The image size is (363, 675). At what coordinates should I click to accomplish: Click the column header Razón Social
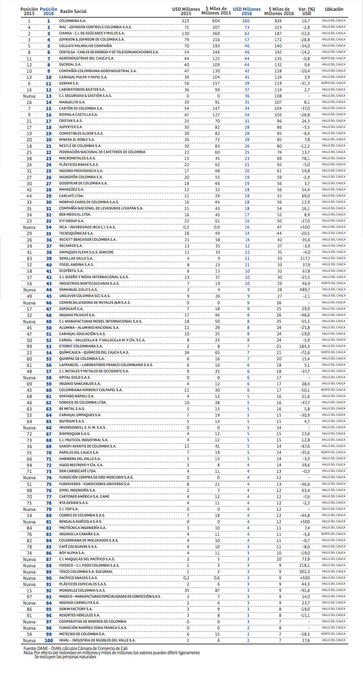tap(73, 11)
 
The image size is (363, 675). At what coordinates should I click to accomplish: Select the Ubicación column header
tap(334, 9)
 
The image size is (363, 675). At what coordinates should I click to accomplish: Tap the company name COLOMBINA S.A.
tap(73, 21)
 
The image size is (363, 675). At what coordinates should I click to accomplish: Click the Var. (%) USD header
tap(306, 11)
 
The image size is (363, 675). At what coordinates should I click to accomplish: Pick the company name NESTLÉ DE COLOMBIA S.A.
tap(80, 146)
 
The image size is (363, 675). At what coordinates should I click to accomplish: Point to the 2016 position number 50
tap(49, 328)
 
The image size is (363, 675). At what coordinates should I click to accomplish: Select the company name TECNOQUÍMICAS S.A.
tap(76, 233)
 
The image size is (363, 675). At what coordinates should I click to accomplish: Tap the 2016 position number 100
tap(49, 641)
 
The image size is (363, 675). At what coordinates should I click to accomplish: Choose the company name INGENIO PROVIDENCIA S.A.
tap(81, 171)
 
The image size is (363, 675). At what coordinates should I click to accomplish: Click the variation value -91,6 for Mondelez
tap(305, 590)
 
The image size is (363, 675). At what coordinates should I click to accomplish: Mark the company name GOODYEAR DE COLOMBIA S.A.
tap(83, 183)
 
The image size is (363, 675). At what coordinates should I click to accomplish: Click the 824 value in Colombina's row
tap(278, 21)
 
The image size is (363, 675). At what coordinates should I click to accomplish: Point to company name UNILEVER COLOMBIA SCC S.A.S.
tap(85, 296)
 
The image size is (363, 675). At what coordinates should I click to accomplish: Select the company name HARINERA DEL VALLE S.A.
tap(80, 459)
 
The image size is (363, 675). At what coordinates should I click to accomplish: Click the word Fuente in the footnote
tap(30, 648)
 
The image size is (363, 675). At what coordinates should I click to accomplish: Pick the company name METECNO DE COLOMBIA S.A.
tap(82, 634)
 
